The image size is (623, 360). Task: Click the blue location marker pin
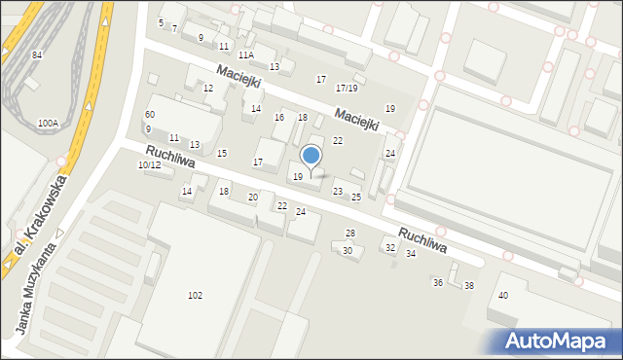[311, 157]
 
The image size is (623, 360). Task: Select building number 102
[195, 295]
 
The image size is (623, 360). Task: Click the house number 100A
[48, 124]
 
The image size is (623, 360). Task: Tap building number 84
[37, 54]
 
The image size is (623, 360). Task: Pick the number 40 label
[503, 295]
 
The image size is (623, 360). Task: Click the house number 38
[468, 285]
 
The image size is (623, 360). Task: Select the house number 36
[438, 282]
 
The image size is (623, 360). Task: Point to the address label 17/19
[347, 89]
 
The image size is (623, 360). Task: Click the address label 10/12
[149, 165]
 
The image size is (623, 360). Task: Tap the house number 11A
[246, 55]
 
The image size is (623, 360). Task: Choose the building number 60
[150, 115]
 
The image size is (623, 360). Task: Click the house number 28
[350, 234]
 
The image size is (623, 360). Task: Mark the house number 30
[347, 251]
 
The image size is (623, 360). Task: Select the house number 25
[356, 198]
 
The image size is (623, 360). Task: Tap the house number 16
[279, 118]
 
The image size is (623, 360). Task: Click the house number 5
[161, 22]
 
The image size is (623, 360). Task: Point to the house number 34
[411, 254]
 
